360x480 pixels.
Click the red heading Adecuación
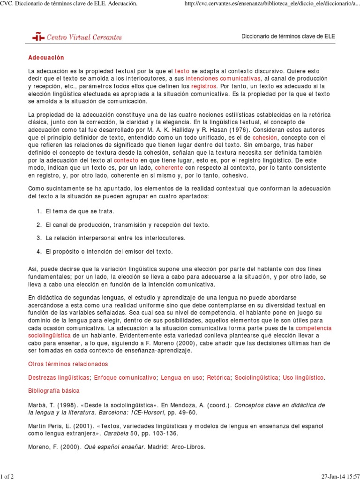(46, 58)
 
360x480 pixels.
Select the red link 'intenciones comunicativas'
(223, 78)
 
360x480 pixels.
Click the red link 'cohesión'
(265, 138)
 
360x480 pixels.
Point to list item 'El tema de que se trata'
(80, 211)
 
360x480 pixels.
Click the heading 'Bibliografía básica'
(54, 390)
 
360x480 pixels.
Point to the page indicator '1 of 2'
(7, 476)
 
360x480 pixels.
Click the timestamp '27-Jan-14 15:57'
(336, 476)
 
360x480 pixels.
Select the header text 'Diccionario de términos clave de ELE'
(288, 37)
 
